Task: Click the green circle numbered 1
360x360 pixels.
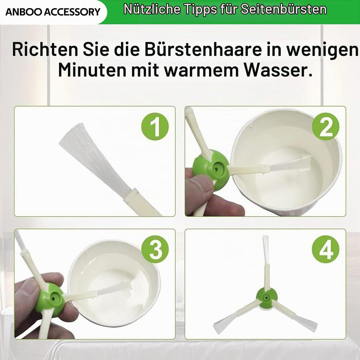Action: click(x=155, y=126)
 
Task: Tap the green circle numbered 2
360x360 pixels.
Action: click(x=326, y=126)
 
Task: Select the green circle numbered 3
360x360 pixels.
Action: click(x=155, y=249)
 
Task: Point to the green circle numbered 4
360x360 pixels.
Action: click(x=326, y=249)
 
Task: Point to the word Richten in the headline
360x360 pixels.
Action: click(x=45, y=49)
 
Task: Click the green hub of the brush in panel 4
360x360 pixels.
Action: click(x=267, y=298)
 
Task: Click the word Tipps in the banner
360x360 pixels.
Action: click(x=201, y=10)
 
